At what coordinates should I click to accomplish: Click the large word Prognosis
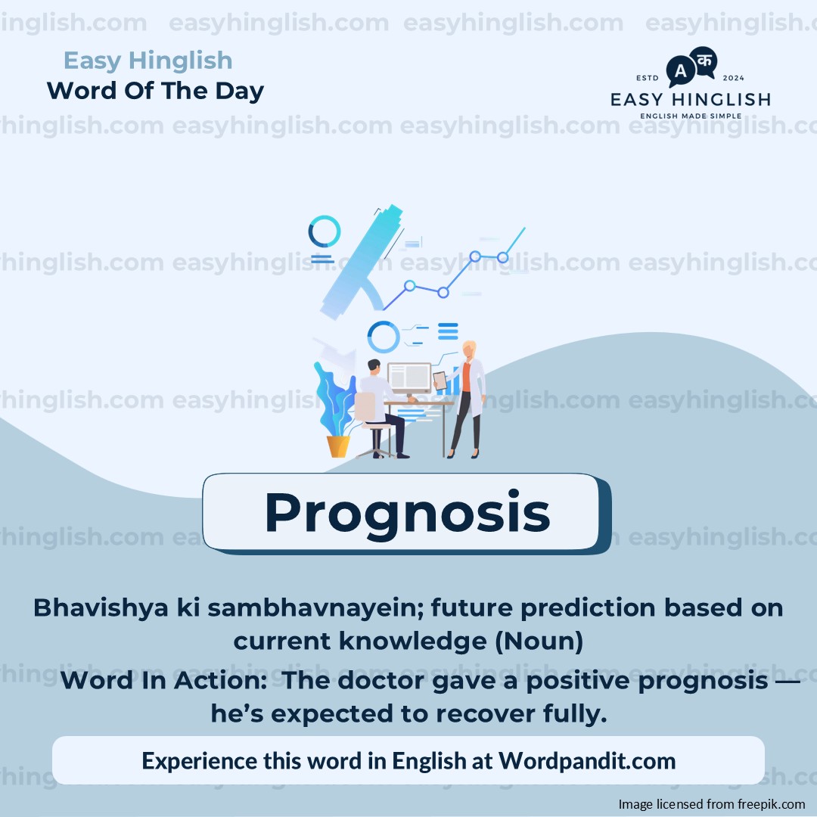[x=408, y=514]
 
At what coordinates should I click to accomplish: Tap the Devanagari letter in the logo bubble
[x=704, y=61]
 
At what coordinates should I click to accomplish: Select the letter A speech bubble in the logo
[x=681, y=71]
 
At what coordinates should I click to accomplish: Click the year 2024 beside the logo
[x=732, y=78]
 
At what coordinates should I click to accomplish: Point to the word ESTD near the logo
[x=647, y=78]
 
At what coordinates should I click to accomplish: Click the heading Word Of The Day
[x=155, y=91]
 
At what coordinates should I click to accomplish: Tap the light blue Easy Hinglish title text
[x=148, y=61]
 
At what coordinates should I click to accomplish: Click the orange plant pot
[x=338, y=446]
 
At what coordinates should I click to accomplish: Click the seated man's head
[x=374, y=366]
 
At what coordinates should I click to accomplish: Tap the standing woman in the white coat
[x=468, y=399]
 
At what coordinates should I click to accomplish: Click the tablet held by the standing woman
[x=440, y=381]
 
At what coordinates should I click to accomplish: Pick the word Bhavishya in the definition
[x=101, y=608]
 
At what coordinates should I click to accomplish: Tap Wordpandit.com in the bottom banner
[x=587, y=761]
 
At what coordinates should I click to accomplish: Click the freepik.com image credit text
[x=712, y=804]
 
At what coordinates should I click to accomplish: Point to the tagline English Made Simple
[x=691, y=116]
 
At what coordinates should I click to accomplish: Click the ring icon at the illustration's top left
[x=324, y=231]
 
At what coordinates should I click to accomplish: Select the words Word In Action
[x=163, y=681]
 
